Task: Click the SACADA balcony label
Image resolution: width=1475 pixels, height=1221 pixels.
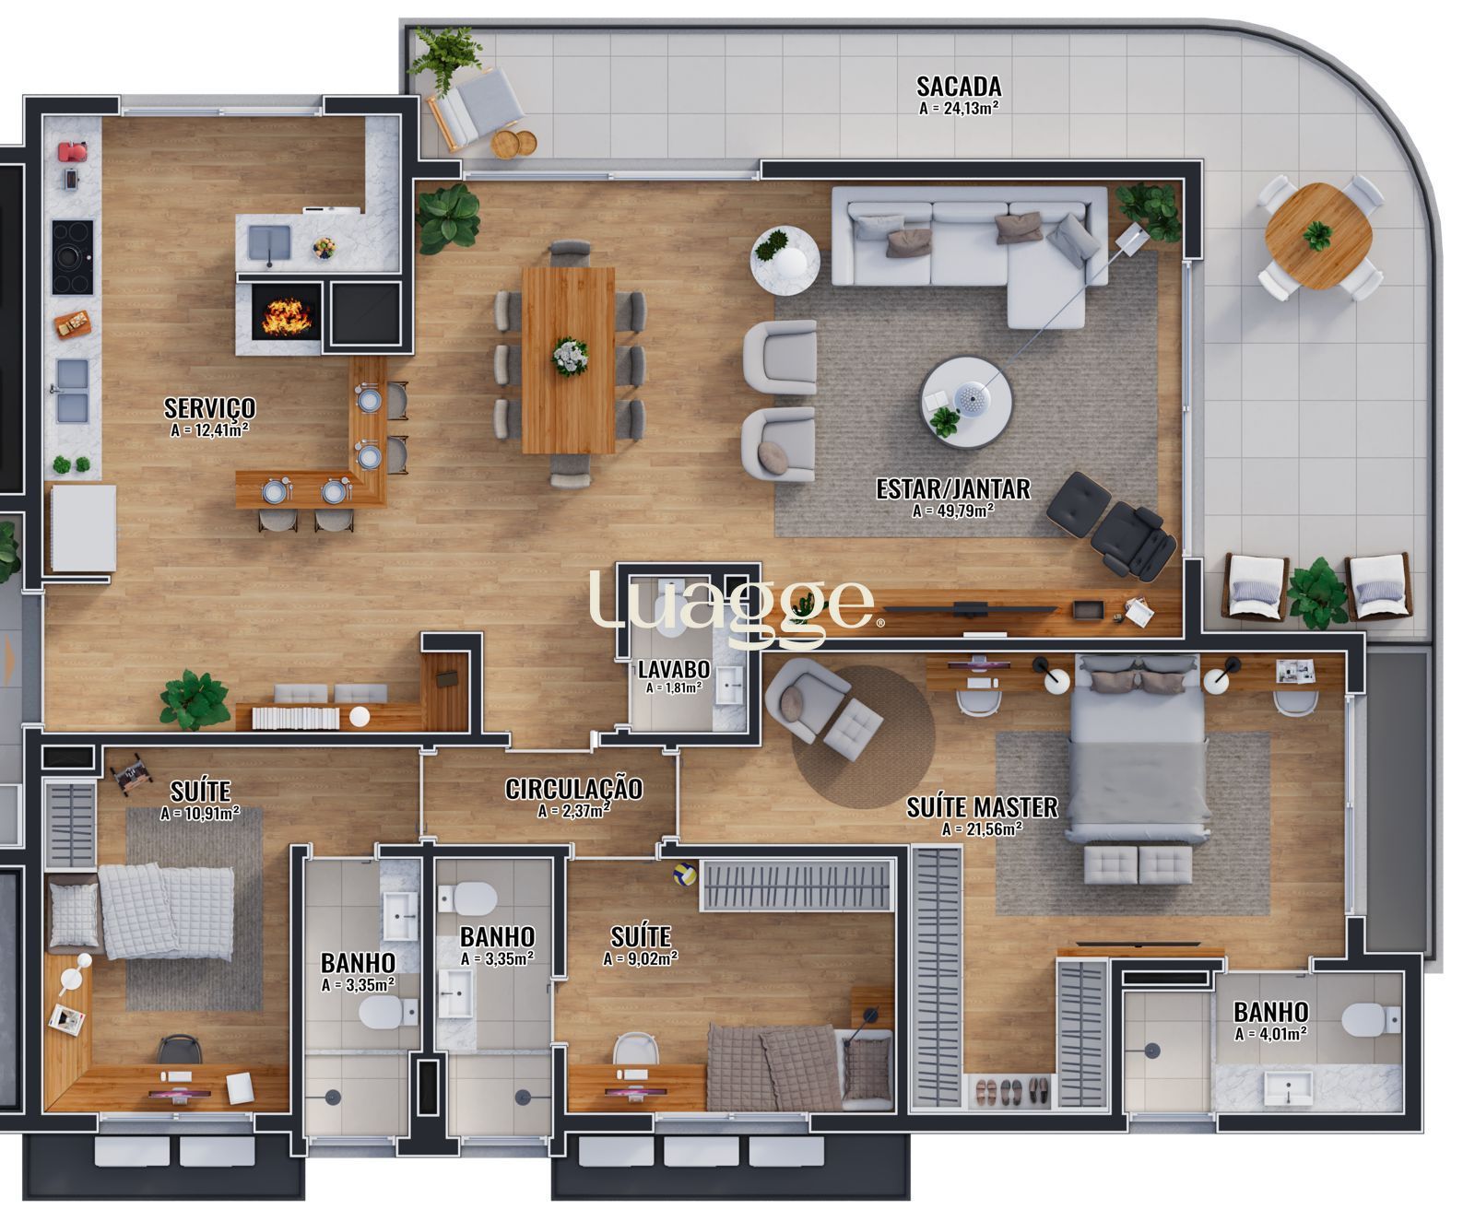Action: point(959,86)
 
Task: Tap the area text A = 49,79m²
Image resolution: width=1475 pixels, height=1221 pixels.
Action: point(952,510)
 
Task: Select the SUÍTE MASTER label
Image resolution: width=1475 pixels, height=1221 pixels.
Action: point(982,807)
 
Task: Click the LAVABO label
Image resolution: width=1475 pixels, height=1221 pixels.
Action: point(673,669)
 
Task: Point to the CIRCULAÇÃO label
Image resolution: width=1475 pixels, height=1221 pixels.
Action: point(573,789)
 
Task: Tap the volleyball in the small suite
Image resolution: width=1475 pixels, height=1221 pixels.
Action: point(683,873)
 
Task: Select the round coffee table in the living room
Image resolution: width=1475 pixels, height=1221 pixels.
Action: point(966,402)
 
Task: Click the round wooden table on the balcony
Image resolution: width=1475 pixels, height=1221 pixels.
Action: point(1318,235)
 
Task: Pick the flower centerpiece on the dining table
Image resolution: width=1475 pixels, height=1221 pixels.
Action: point(570,356)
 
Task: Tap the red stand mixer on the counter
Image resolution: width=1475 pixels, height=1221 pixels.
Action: point(74,152)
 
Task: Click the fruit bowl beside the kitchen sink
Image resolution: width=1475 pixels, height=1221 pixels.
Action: point(322,248)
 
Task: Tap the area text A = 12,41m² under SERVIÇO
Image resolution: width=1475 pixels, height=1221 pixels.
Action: point(210,429)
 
